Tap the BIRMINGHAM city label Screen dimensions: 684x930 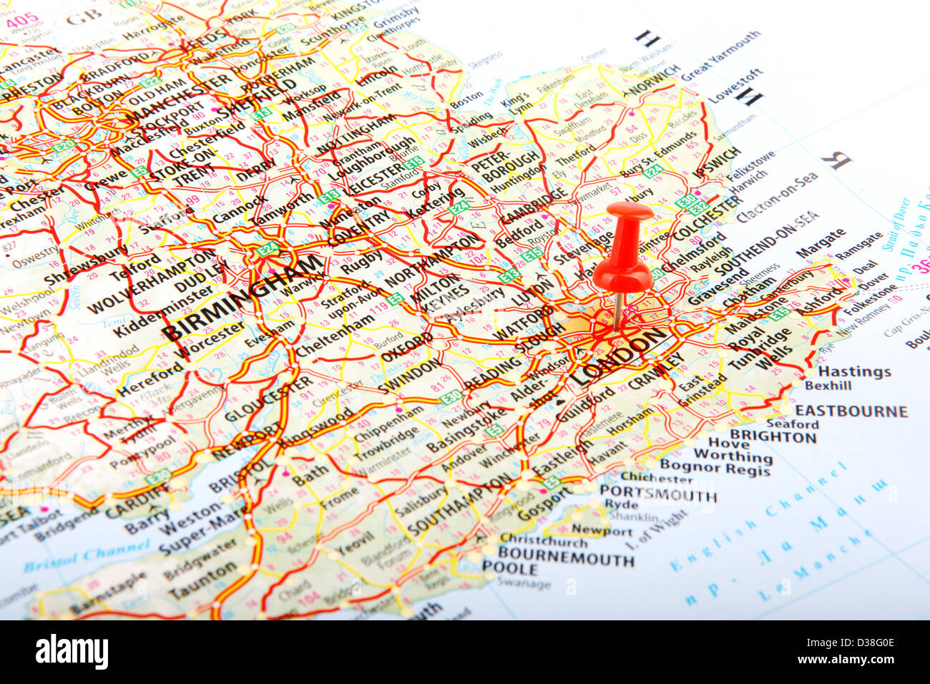(243, 297)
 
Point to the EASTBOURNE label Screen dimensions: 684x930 (851, 411)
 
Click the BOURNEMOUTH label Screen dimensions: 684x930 (566, 555)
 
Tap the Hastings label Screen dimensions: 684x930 (854, 371)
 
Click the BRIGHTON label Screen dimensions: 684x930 (773, 436)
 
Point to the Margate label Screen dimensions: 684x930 (820, 244)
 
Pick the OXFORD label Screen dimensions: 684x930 (407, 346)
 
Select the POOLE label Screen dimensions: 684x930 (509, 570)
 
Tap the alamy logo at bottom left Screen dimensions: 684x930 (72, 652)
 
